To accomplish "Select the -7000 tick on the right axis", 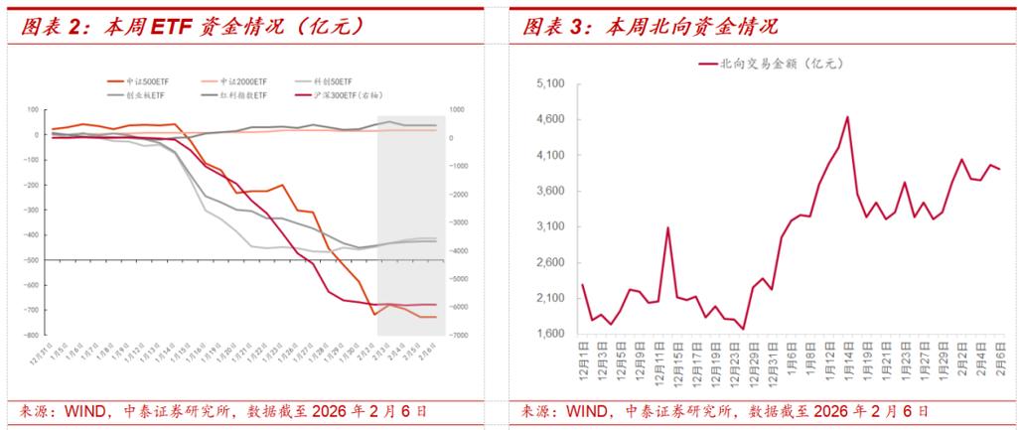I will (460, 336).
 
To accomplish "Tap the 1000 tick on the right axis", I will (458, 110).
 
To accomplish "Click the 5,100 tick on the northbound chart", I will (549, 84).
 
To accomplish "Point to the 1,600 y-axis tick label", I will (549, 335).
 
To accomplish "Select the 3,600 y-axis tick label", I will (549, 192).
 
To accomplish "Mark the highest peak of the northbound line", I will (847, 117).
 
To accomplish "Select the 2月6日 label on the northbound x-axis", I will (997, 355).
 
